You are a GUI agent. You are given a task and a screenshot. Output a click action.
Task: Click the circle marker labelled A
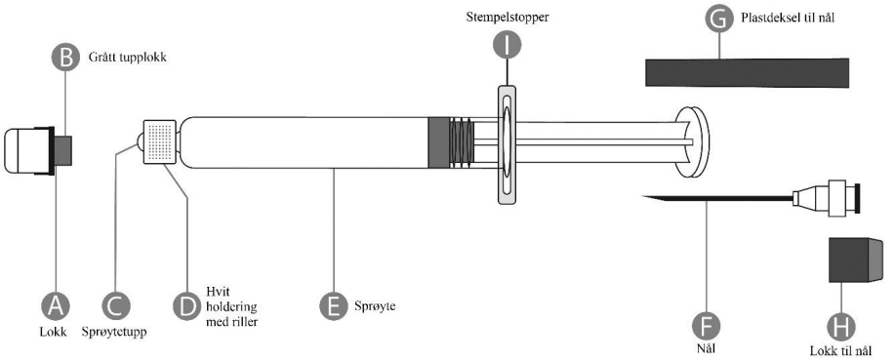point(56,307)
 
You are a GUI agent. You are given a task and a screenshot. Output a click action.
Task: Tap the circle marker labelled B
point(65,58)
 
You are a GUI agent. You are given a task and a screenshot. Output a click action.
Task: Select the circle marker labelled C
point(116,307)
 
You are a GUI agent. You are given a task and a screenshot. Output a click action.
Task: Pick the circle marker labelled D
point(187,307)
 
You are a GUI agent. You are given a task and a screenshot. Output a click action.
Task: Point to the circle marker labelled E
point(334,307)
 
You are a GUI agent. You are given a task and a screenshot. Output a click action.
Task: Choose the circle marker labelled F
point(706,326)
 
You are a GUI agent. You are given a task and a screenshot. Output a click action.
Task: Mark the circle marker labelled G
point(718,20)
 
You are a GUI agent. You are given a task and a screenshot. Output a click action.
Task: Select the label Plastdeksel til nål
point(788,18)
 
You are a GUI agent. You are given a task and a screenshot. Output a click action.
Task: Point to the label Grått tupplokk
point(127,58)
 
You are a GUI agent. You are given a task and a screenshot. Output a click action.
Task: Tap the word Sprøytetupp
point(113,332)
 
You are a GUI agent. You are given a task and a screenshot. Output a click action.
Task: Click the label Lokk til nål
point(842,349)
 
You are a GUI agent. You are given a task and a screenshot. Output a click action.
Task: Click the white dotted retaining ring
point(159,141)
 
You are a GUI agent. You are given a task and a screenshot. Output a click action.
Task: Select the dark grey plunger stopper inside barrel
point(438,142)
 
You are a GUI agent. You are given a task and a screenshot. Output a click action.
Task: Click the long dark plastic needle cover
point(747,72)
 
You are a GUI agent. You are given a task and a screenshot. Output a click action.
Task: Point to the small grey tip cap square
point(63,150)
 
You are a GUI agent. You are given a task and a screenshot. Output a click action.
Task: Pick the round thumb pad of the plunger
point(692,141)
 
